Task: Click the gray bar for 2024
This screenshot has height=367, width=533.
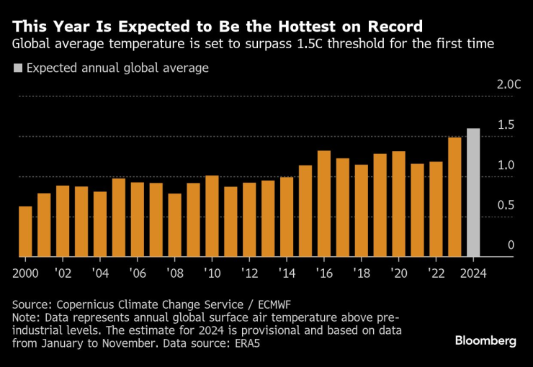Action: point(473,193)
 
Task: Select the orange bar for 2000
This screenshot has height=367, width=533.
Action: point(25,232)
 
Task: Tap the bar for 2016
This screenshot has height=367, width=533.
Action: point(324,204)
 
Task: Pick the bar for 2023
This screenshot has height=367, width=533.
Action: point(454,197)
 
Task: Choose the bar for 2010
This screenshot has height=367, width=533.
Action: point(212,216)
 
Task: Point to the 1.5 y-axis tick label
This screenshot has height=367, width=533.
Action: point(506,125)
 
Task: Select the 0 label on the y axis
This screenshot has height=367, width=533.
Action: point(511,245)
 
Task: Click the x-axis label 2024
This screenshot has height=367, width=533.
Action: point(473,273)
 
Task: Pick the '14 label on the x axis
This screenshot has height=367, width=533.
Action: point(287,273)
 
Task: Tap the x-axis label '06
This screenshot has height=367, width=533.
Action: point(138,273)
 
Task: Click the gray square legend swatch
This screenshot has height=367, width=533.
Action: point(18,68)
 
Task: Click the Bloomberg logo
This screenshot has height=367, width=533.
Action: point(485,341)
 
